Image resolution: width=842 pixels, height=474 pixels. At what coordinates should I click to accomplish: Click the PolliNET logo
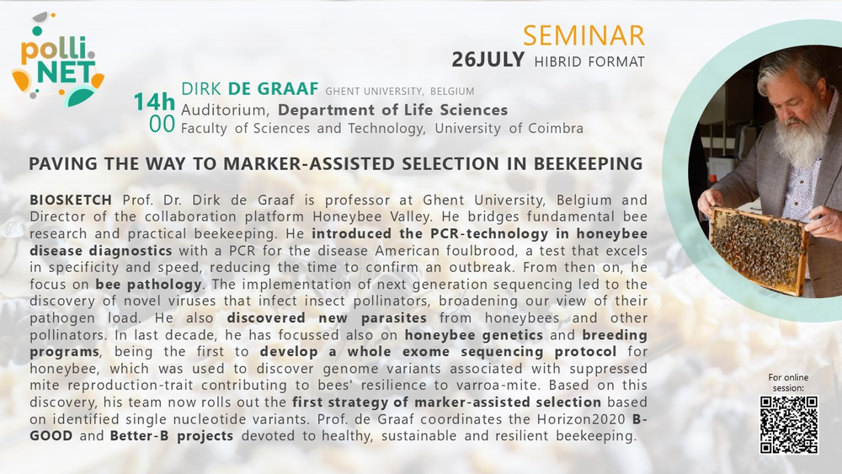[x=58, y=59]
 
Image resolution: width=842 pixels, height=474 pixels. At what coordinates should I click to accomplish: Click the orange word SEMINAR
[x=584, y=35]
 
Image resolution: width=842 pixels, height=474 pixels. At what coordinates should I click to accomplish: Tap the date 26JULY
[x=488, y=60]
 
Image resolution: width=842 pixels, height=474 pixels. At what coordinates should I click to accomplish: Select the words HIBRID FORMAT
[x=589, y=61]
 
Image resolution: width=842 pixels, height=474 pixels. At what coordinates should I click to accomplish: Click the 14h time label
[x=154, y=102]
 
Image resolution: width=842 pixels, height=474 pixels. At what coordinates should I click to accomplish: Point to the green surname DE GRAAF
[x=274, y=88]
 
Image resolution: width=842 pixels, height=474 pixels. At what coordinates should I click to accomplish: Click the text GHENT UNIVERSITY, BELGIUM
[x=399, y=91]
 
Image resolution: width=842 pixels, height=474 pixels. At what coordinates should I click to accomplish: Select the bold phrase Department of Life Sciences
[x=392, y=110]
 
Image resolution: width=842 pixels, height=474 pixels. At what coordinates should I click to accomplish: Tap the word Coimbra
[x=555, y=128]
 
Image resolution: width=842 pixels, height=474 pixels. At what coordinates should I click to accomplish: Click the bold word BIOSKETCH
[x=71, y=200]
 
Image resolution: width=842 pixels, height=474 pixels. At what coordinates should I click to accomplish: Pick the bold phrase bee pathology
[x=149, y=285]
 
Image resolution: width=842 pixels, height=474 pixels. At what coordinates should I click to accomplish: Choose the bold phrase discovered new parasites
[x=327, y=317]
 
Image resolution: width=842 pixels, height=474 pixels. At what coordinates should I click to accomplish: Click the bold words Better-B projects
[x=172, y=436]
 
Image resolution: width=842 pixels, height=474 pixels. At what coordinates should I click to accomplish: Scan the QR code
[x=789, y=424]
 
